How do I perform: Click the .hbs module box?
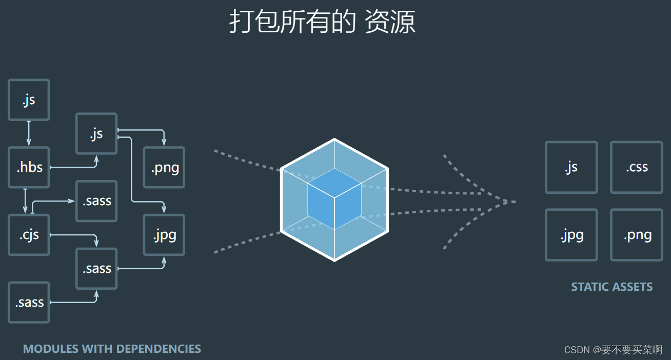pyautogui.click(x=29, y=167)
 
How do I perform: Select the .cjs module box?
pyautogui.click(x=29, y=235)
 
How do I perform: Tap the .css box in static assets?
pyautogui.click(x=636, y=167)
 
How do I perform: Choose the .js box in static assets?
pyautogui.click(x=571, y=167)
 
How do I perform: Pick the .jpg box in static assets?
pyautogui.click(x=571, y=235)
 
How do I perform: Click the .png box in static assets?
pyautogui.click(x=636, y=235)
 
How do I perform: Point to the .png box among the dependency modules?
pyautogui.click(x=164, y=167)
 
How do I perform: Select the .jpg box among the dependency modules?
pyautogui.click(x=164, y=235)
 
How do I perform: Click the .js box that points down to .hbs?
pyautogui.click(x=29, y=100)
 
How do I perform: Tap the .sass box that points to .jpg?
pyautogui.click(x=96, y=268)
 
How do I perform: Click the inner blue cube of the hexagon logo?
pyautogui.click(x=334, y=199)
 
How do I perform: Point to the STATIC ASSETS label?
pyautogui.click(x=611, y=287)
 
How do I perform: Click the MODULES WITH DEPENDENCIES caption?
pyautogui.click(x=112, y=349)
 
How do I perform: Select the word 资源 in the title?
pyautogui.click(x=390, y=22)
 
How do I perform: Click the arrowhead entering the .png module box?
pyautogui.click(x=164, y=143)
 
